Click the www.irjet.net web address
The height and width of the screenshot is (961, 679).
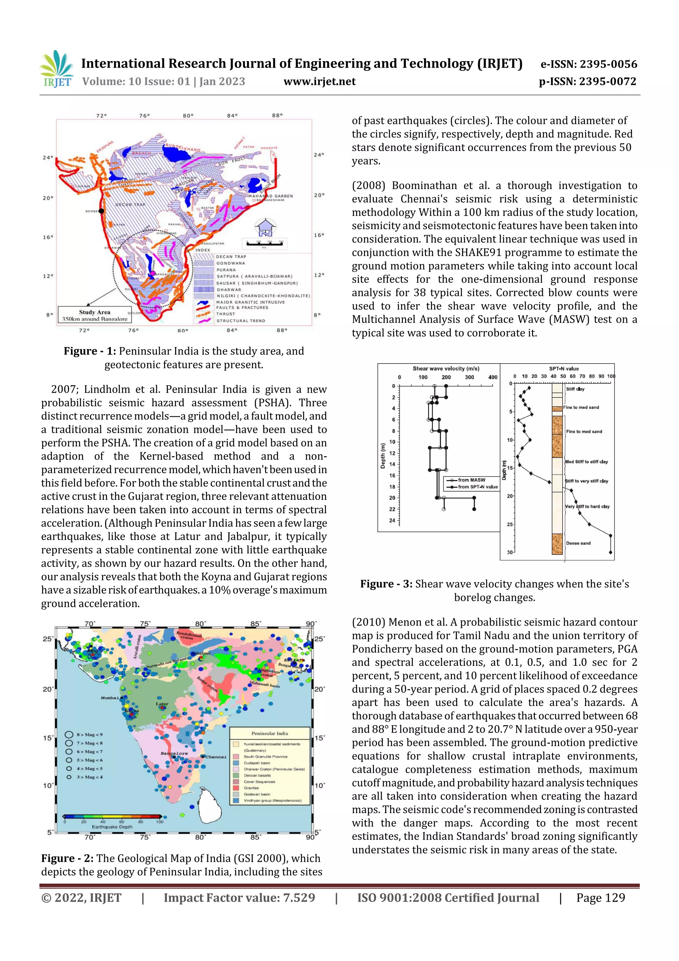click(x=319, y=82)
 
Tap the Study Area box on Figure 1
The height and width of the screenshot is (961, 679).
click(x=94, y=315)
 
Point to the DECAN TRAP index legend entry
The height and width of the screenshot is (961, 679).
click(x=231, y=256)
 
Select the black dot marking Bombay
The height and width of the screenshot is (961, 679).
click(x=101, y=211)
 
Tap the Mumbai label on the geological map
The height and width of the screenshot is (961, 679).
click(x=110, y=698)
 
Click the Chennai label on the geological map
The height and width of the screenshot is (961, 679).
click(x=216, y=757)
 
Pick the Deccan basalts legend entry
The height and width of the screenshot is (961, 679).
click(x=257, y=775)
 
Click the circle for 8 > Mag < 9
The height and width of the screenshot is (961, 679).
click(x=69, y=734)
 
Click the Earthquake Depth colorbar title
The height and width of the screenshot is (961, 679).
click(x=112, y=827)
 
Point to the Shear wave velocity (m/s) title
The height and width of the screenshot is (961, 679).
click(x=446, y=369)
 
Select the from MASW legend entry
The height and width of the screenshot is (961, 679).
click(x=471, y=480)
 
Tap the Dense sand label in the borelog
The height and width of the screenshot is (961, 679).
click(x=578, y=543)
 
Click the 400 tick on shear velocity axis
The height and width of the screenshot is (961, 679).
click(x=492, y=377)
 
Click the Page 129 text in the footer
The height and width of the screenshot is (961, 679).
click(x=600, y=897)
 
